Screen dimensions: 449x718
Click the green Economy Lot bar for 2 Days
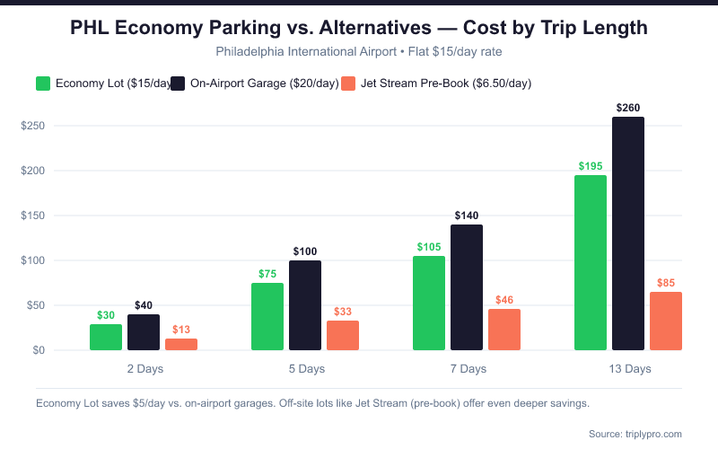tap(106, 337)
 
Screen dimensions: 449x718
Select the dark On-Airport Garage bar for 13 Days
tap(628, 233)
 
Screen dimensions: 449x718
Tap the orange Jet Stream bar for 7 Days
tap(504, 330)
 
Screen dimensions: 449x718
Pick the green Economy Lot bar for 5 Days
tap(267, 316)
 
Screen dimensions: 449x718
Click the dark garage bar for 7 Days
tap(467, 287)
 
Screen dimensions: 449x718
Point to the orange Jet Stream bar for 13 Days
tap(666, 321)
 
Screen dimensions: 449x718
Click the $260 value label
tap(628, 108)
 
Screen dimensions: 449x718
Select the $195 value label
tap(591, 166)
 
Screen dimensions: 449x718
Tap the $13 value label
tap(181, 330)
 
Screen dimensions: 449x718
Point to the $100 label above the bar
tap(305, 251)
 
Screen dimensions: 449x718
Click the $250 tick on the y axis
tap(34, 126)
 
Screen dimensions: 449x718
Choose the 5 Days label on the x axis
tap(306, 369)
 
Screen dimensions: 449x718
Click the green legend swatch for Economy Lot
tap(43, 84)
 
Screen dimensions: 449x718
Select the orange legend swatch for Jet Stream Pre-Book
tap(351, 84)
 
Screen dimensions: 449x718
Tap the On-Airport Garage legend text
tap(265, 84)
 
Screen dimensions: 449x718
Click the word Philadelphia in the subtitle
tap(253, 51)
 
